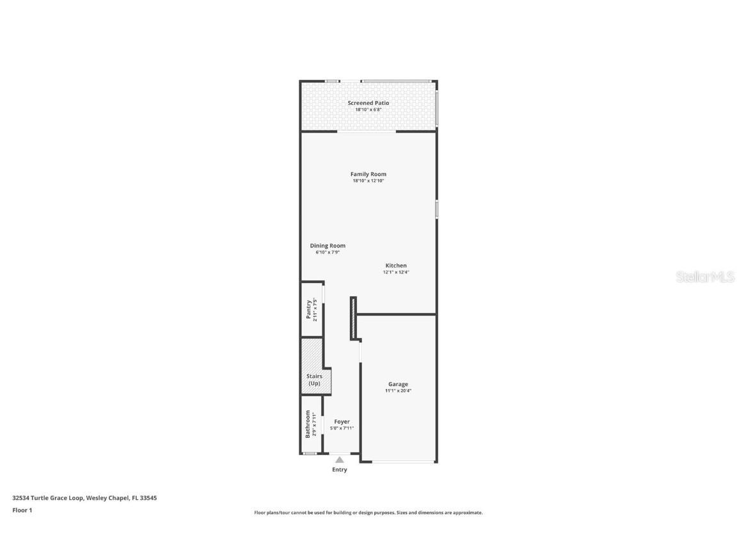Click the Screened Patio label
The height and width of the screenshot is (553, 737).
[x=368, y=103]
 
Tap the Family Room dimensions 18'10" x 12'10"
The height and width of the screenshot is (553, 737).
[x=368, y=180]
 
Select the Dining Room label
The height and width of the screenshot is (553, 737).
[x=328, y=246]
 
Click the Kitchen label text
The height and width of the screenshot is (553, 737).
[x=395, y=266]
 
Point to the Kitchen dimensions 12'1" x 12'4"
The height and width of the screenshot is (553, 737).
[x=395, y=272]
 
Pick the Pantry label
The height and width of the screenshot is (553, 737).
[x=308, y=309]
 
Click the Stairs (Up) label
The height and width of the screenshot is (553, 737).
[x=314, y=380]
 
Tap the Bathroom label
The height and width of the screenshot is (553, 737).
[x=308, y=424]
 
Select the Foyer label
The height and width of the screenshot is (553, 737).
[x=342, y=422]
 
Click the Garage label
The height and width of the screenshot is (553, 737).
[x=398, y=384]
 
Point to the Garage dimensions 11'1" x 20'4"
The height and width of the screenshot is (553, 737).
[x=398, y=390]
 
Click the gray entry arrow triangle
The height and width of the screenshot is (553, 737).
[x=340, y=460]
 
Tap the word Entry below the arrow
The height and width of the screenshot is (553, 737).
[x=340, y=470]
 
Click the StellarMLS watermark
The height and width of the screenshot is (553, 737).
[x=706, y=277]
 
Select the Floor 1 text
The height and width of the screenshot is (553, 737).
[x=22, y=510]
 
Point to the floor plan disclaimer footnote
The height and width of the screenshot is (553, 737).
[x=368, y=513]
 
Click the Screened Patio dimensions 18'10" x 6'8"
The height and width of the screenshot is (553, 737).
[x=368, y=109]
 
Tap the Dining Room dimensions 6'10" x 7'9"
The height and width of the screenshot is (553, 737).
[x=328, y=252]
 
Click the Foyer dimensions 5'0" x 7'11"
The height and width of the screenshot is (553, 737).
[x=342, y=428]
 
